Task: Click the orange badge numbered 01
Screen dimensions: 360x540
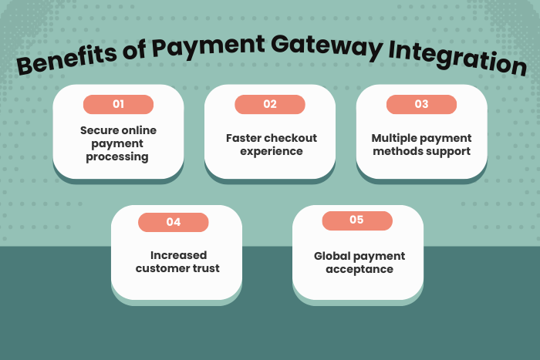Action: pyautogui.click(x=118, y=104)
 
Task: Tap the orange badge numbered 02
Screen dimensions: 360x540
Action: pyautogui.click(x=269, y=104)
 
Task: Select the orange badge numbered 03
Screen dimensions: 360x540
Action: pyautogui.click(x=421, y=104)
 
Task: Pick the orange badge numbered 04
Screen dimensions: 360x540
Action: pyautogui.click(x=174, y=222)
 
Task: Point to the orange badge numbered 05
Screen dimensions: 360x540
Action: pyautogui.click(x=356, y=220)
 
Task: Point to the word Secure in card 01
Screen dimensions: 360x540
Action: pyautogui.click(x=98, y=130)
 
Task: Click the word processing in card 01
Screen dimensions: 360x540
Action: pyautogui.click(x=118, y=156)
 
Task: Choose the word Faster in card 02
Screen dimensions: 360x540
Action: pyautogui.click(x=243, y=138)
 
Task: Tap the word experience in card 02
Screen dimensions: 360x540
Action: pyautogui.click(x=270, y=151)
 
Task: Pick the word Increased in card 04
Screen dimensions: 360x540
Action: pyautogui.click(x=178, y=255)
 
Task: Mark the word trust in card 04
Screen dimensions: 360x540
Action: pyautogui.click(x=205, y=268)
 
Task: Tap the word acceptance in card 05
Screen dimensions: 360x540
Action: pyautogui.click(x=359, y=269)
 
